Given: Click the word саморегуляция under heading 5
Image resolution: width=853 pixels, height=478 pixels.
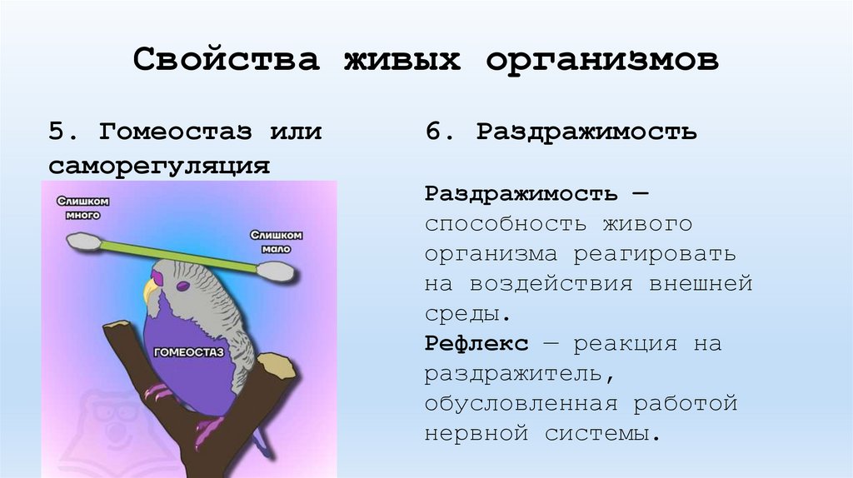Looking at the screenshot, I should pos(158,164).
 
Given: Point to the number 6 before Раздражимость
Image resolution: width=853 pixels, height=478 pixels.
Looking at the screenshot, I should pos(434,132).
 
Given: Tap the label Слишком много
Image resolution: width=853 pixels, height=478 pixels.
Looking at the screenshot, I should pos(83,207).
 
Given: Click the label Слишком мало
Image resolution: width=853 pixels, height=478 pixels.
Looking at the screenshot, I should pos(275,241).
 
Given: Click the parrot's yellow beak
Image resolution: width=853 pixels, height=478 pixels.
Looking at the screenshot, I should pos(152,291).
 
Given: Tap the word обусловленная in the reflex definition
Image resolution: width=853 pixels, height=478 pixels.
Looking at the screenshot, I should pos(521,404).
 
